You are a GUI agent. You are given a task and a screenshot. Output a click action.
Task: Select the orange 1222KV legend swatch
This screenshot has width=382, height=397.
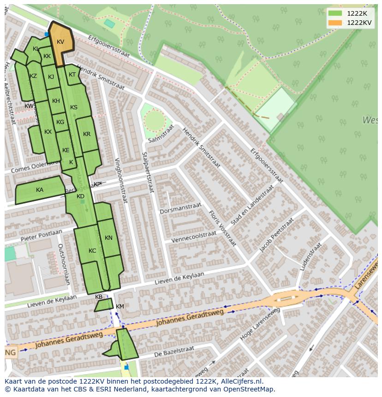(x=335, y=23)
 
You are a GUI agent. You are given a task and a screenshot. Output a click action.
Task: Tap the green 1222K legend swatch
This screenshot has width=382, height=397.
(x=335, y=13)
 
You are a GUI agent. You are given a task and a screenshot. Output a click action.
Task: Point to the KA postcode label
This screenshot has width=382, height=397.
(x=40, y=190)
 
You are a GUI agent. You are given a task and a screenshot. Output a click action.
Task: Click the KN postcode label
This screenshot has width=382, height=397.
(x=108, y=238)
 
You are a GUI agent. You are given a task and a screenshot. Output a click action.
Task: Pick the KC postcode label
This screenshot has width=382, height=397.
(x=92, y=251)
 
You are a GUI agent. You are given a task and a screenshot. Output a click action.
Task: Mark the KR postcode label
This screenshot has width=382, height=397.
(x=87, y=134)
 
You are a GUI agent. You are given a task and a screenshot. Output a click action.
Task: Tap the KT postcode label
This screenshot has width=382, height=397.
(x=72, y=75)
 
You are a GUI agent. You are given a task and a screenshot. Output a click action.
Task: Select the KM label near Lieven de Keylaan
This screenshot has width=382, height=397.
(x=120, y=307)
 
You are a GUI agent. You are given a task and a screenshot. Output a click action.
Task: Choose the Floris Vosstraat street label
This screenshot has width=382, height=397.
(x=222, y=228)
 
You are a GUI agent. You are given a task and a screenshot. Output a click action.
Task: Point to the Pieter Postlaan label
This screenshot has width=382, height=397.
(x=41, y=236)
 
